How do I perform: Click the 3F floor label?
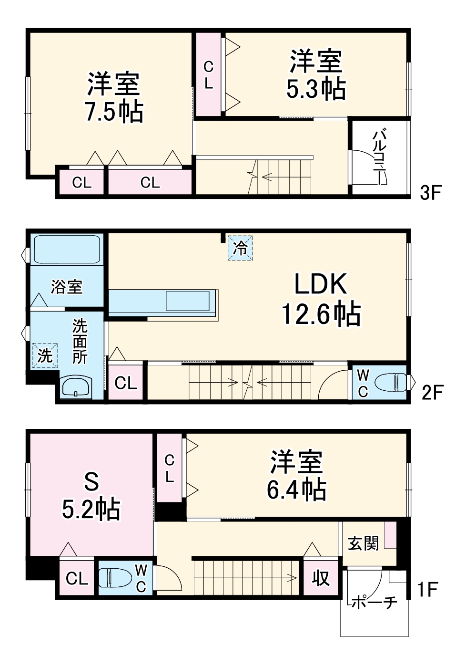click(x=431, y=193)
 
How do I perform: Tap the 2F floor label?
click(x=432, y=392)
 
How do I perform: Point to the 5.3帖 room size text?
click(x=316, y=89)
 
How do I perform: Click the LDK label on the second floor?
click(x=320, y=284)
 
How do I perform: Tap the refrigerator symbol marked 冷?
click(x=240, y=248)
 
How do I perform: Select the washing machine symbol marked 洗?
click(x=45, y=355)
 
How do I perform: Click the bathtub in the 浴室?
click(x=66, y=249)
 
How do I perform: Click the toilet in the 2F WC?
click(x=390, y=382)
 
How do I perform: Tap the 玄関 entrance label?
click(x=363, y=543)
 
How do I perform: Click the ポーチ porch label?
click(x=374, y=602)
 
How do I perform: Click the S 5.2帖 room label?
click(x=91, y=496)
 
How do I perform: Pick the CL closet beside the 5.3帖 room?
click(x=208, y=75)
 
